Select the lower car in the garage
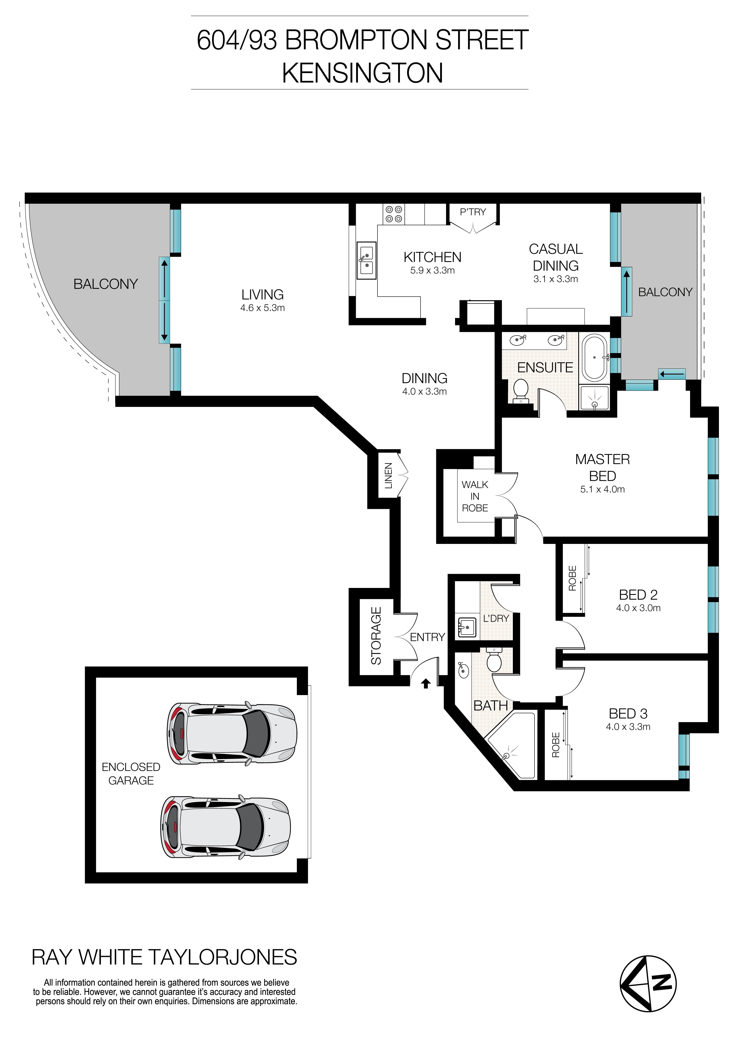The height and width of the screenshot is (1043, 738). tap(225, 827)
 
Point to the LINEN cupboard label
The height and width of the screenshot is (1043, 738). tap(389, 476)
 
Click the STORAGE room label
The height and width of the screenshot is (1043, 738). tap(376, 636)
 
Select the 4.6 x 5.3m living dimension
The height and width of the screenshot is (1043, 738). tap(263, 308)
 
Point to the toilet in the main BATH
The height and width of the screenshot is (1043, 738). tap(494, 661)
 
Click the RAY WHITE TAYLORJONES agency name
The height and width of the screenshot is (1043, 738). tap(164, 957)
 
